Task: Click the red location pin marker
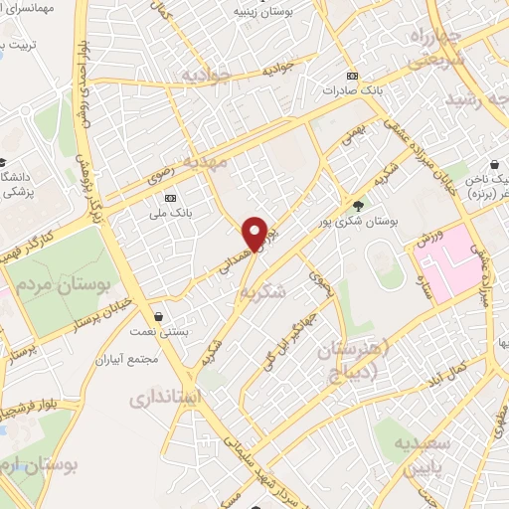pyautogui.click(x=255, y=233)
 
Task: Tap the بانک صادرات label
pyautogui.click(x=351, y=89)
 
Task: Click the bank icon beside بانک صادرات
pyautogui.click(x=351, y=75)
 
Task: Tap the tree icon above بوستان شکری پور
pyautogui.click(x=357, y=207)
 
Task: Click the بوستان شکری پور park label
pyautogui.click(x=357, y=223)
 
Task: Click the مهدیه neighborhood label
pyautogui.click(x=230, y=160)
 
